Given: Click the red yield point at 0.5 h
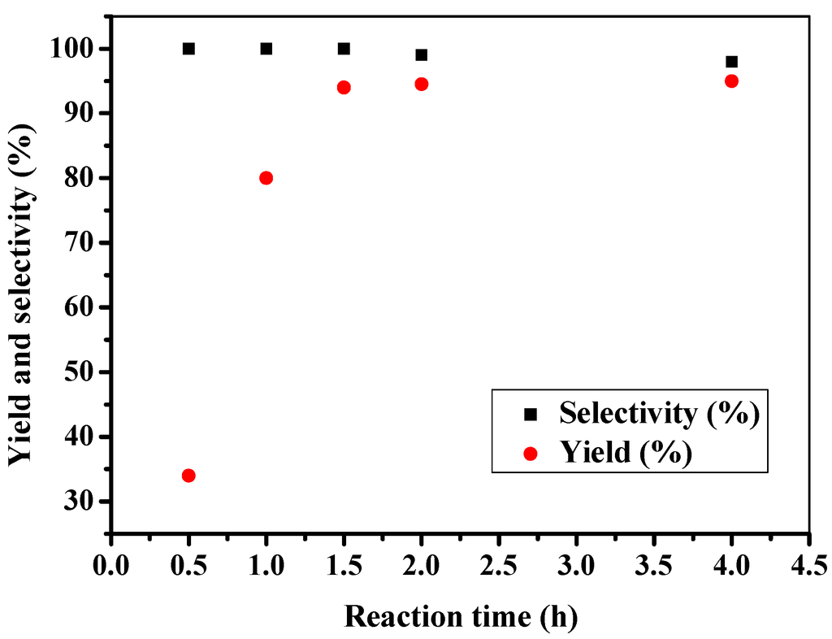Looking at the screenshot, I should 188,476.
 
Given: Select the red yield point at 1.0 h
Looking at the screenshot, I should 266,178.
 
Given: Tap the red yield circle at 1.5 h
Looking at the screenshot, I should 344,87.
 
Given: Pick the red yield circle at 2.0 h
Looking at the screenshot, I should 421,84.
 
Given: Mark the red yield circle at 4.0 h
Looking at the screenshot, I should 731,80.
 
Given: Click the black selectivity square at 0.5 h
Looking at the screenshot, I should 188,49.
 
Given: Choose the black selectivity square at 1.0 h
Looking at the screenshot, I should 266,49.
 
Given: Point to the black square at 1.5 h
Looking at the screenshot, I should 344,49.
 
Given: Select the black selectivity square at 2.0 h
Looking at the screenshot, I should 421,55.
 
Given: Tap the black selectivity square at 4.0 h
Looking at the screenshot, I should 731,62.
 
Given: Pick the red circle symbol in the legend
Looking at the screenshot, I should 531,453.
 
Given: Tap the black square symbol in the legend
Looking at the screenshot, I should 531,415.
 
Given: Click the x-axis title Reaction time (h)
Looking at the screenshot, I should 461,616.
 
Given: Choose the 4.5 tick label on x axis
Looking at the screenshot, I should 808,564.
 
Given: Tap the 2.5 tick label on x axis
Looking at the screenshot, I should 498,564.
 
